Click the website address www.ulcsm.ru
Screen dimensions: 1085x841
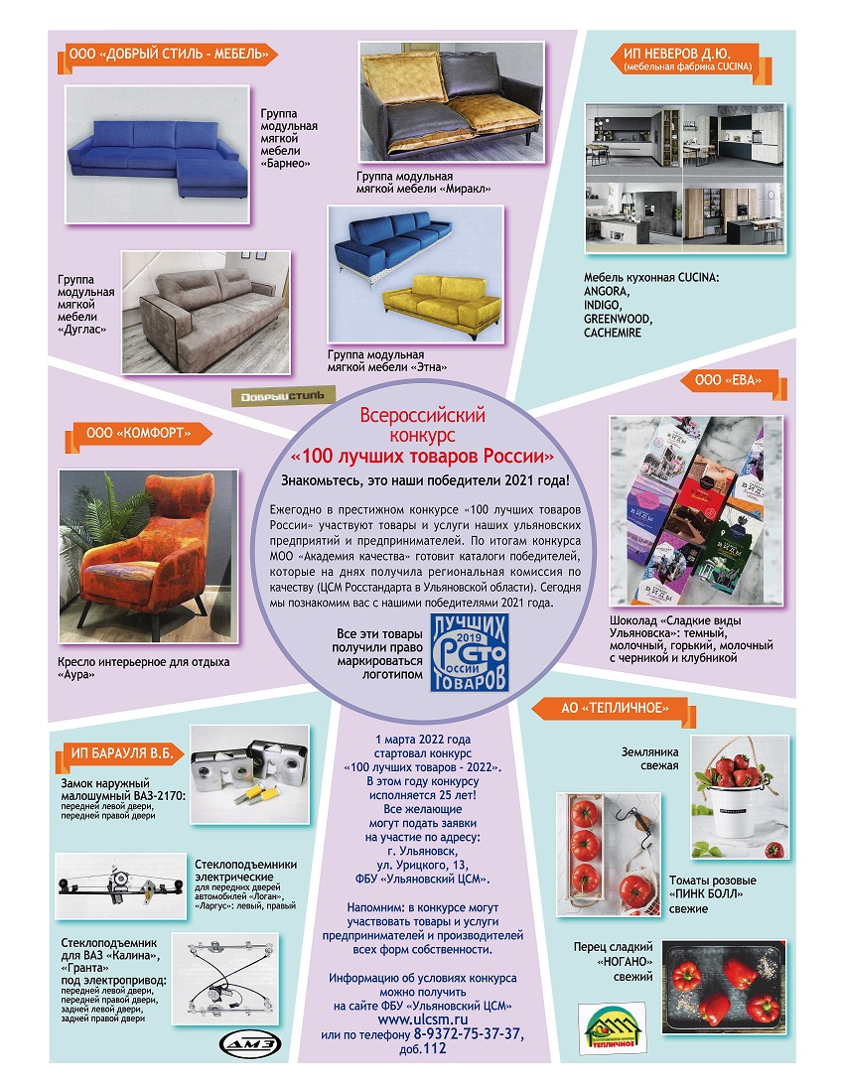click(423, 1018)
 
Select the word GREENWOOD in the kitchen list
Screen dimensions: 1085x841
click(618, 319)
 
